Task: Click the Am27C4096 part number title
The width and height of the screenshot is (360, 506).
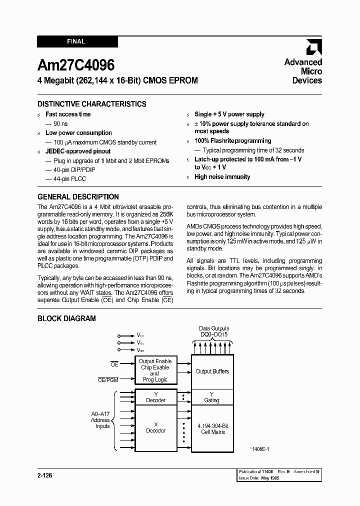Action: pyautogui.click(x=76, y=65)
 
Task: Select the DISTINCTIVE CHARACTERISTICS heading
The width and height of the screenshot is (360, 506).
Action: pyautogui.click(x=92, y=104)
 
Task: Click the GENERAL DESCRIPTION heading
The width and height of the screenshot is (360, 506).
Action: pyautogui.click(x=78, y=197)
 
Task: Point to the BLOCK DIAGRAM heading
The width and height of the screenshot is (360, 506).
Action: pyautogui.click(x=66, y=318)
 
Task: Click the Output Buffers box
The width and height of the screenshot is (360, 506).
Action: pyautogui.click(x=212, y=371)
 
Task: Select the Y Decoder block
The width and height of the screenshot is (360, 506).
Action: pyautogui.click(x=155, y=397)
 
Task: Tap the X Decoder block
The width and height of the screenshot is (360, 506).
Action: pyautogui.click(x=155, y=427)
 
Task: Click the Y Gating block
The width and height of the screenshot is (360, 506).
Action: pyautogui.click(x=212, y=397)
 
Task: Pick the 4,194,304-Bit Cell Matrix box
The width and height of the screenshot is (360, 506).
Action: pyautogui.click(x=212, y=429)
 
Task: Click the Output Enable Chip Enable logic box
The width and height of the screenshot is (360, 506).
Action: pyautogui.click(x=155, y=370)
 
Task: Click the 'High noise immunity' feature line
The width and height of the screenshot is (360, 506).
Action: pyautogui.click(x=222, y=177)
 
